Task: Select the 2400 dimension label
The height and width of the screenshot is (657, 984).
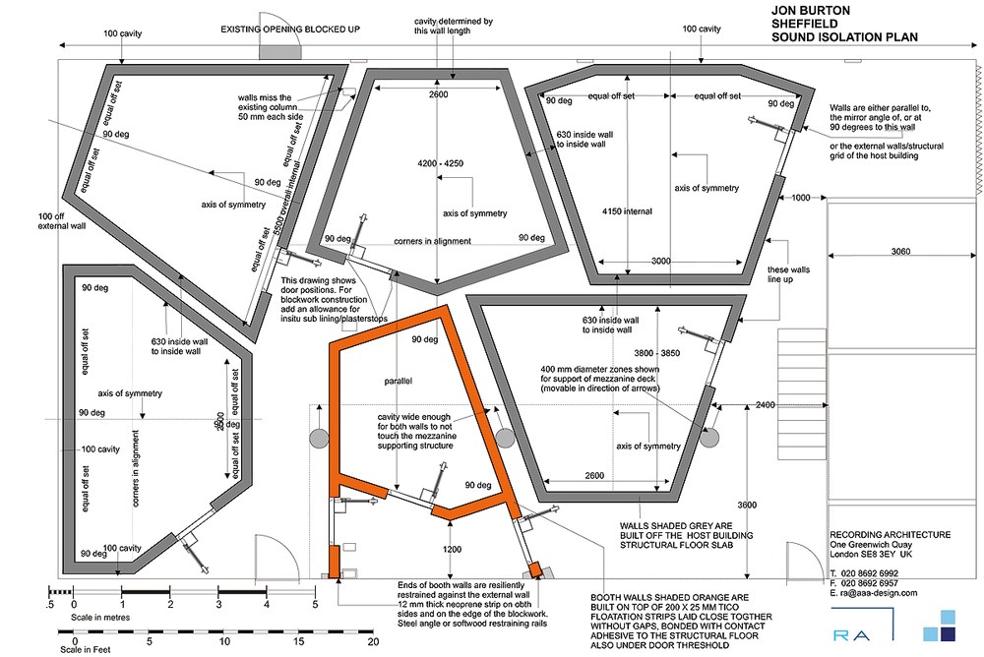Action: click(x=765, y=405)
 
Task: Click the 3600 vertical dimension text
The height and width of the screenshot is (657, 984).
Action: click(x=750, y=505)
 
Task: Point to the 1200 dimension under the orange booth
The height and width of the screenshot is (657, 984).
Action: click(x=452, y=549)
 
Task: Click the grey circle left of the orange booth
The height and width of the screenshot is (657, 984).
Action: click(x=319, y=438)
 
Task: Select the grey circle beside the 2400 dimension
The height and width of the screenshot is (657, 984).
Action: click(x=711, y=436)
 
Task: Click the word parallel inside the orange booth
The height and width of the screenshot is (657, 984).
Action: click(x=400, y=379)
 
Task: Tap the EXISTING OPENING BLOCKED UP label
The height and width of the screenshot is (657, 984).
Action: click(x=290, y=30)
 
